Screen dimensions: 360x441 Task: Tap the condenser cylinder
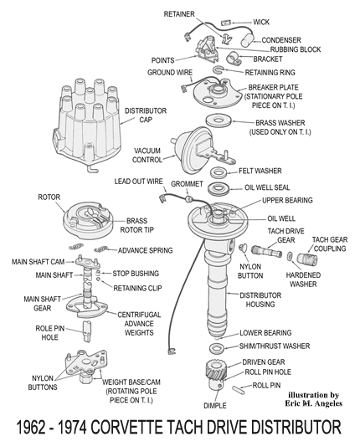coord(248,40)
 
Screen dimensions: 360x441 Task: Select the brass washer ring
coord(219,121)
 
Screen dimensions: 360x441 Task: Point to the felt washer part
coord(219,172)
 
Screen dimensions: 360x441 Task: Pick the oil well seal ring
coord(219,188)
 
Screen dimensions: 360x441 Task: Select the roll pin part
coord(239,390)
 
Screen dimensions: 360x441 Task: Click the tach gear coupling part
coord(307,259)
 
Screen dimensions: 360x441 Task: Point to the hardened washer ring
coord(290,256)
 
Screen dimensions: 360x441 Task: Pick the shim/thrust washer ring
coord(217,348)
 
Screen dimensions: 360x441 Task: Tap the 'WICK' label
coord(261,22)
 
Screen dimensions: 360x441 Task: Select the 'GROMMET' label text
coord(187,184)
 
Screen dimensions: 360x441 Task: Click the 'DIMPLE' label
coord(215,406)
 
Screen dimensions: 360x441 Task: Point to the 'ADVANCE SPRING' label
coord(145,250)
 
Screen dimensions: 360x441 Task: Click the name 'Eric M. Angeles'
coord(314,403)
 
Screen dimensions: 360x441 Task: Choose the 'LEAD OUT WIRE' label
coord(138,182)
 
